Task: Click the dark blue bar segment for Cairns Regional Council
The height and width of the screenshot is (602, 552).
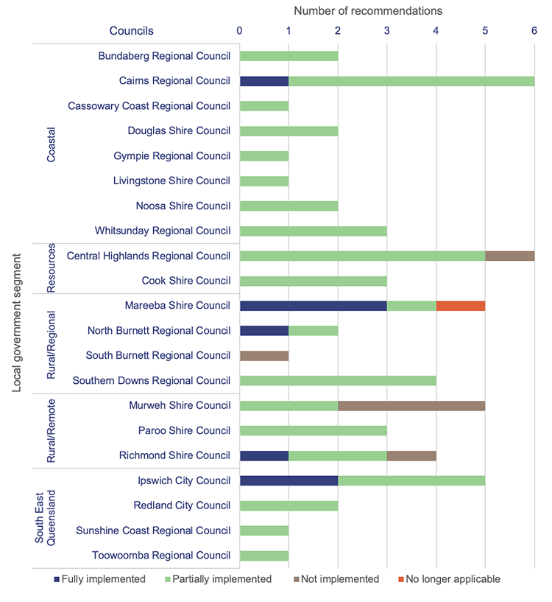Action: [264, 81]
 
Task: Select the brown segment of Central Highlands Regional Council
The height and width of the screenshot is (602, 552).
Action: [509, 256]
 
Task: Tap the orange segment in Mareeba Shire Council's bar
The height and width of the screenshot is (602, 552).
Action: [461, 306]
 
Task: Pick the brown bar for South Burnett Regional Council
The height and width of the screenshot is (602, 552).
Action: [264, 355]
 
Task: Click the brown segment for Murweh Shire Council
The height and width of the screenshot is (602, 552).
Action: [411, 405]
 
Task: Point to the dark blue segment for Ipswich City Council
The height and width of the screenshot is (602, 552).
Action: [289, 480]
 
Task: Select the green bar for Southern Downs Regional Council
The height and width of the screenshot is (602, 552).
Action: [338, 380]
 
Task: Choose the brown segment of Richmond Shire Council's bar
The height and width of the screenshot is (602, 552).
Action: [411, 455]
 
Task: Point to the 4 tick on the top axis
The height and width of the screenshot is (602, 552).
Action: [436, 31]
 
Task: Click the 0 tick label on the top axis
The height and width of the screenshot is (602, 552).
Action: [239, 31]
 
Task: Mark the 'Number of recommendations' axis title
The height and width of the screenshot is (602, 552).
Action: [368, 11]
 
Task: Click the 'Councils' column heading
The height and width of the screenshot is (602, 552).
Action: [132, 31]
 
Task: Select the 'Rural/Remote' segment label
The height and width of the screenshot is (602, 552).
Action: [51, 430]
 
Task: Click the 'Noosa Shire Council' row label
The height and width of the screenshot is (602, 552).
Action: [183, 206]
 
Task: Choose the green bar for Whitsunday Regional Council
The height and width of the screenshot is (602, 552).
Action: [313, 231]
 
